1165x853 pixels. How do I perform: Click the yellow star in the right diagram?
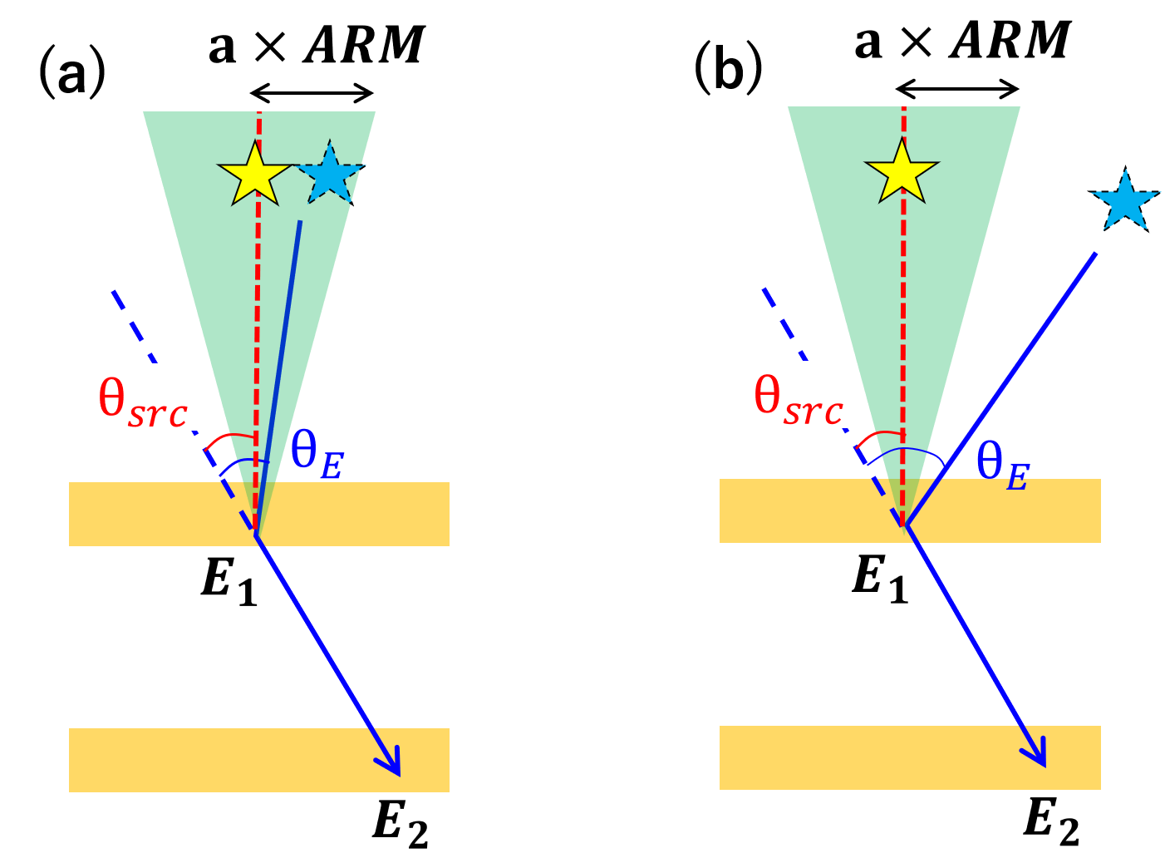coord(902,172)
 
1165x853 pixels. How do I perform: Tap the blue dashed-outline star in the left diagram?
coord(330,173)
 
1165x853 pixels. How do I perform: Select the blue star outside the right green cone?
coord(1125,201)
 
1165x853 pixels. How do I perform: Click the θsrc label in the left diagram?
coord(144,397)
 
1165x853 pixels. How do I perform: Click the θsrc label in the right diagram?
coord(799,395)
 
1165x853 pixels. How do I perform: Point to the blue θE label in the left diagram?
coord(317,456)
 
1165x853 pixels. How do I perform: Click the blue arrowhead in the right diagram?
coord(1037,753)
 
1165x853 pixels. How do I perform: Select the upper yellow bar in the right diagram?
coord(1014,510)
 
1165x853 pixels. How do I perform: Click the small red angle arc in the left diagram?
coord(229,436)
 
